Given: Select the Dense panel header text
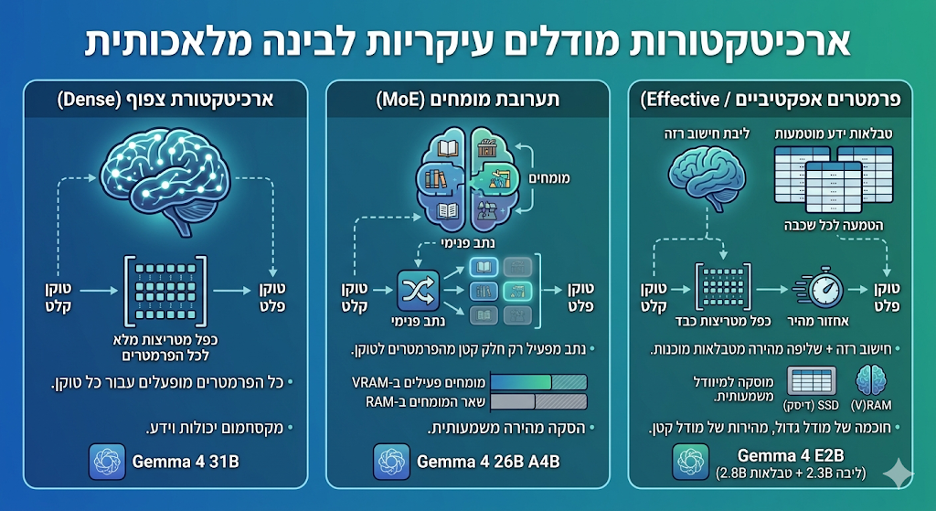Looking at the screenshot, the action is pyautogui.click(x=166, y=99).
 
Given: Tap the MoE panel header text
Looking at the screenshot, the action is pyautogui.click(x=467, y=99).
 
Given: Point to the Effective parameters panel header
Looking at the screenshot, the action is pyautogui.click(x=770, y=99).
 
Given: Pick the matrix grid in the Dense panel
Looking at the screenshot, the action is pyautogui.click(x=165, y=292).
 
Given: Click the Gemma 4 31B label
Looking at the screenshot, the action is pyautogui.click(x=186, y=462).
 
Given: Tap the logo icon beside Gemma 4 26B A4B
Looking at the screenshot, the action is pyautogui.click(x=391, y=462).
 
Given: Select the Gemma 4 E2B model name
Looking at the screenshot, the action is pyautogui.click(x=791, y=455).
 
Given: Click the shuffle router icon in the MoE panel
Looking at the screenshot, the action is pyautogui.click(x=418, y=291).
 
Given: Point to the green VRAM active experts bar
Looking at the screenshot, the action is pyautogui.click(x=520, y=382).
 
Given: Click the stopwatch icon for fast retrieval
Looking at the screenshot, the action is pyautogui.click(x=819, y=289).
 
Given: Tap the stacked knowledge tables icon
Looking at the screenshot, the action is pyautogui.click(x=834, y=178).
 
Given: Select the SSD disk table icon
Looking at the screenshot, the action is pyautogui.click(x=812, y=382).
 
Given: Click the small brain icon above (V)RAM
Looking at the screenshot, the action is pyautogui.click(x=871, y=381).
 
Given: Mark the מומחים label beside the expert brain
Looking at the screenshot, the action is pyautogui.click(x=549, y=178).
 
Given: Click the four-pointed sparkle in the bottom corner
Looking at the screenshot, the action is pyautogui.click(x=898, y=474).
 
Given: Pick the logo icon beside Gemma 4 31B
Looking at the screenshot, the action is pyautogui.click(x=107, y=462).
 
